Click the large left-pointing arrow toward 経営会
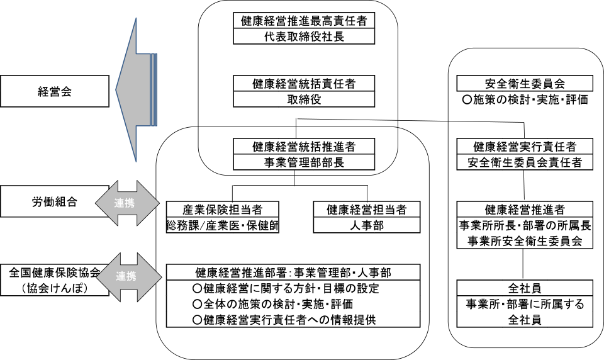[135, 90]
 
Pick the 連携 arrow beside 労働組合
[125, 203]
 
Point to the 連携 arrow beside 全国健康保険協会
[125, 276]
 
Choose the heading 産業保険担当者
[222, 209]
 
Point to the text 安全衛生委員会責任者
[525, 162]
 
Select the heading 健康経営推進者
[525, 209]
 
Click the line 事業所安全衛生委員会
[525, 240]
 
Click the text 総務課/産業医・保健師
[222, 225]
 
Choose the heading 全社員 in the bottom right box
[525, 288]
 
